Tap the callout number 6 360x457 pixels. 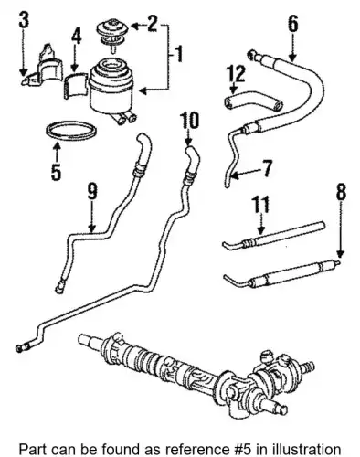(x=292, y=24)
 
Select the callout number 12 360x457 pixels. (x=236, y=74)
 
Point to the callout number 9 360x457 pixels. (x=91, y=193)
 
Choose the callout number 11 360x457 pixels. (x=260, y=205)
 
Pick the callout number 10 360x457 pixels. (x=189, y=121)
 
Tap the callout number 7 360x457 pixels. (x=266, y=168)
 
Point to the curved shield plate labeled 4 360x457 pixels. (x=76, y=86)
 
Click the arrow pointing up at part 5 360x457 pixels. (x=57, y=153)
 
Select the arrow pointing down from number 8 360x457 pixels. (x=341, y=229)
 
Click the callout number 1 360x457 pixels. (x=179, y=54)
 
